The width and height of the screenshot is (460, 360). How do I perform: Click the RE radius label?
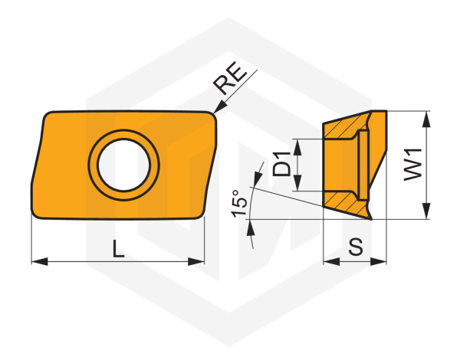click(x=230, y=78)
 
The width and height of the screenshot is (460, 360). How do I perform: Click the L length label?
click(x=119, y=249)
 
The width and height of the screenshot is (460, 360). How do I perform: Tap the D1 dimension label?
click(x=281, y=164)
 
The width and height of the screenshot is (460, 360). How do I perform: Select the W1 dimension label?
click(x=412, y=165)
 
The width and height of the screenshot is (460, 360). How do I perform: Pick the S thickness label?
click(x=356, y=246)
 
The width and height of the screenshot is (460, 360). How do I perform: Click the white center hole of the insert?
click(x=123, y=165)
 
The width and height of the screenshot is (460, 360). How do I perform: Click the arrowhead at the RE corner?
click(x=220, y=106)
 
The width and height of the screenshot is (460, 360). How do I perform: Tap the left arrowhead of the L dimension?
click(x=40, y=261)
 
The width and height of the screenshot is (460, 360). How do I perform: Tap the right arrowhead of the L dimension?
click(x=196, y=261)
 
